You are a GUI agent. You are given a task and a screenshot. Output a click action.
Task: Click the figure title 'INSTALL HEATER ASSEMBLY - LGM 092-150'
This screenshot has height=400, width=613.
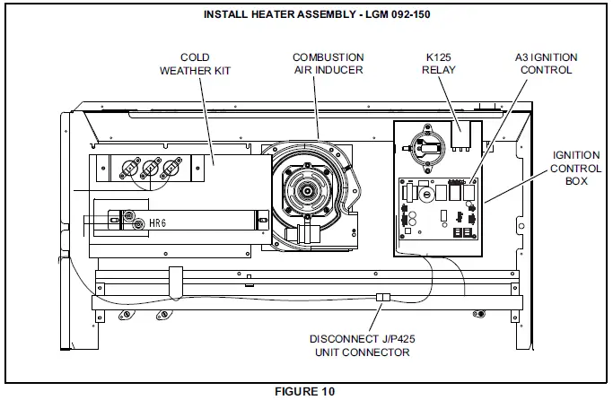307,15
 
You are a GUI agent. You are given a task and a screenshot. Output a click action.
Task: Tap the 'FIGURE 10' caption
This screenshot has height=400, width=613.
307,392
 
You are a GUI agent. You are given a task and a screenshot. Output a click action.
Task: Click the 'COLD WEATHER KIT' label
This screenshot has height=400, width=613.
195,64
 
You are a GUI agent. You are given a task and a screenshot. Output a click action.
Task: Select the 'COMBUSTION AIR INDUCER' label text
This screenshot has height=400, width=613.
328,64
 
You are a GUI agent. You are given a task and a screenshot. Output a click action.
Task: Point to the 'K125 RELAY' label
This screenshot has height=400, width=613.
443,64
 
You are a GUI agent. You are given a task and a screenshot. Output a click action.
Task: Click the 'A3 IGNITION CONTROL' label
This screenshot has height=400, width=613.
546,64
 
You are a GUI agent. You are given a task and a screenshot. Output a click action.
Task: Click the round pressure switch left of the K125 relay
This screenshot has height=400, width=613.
423,144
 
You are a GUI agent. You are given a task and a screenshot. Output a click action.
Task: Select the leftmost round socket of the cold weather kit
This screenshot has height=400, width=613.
128,167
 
